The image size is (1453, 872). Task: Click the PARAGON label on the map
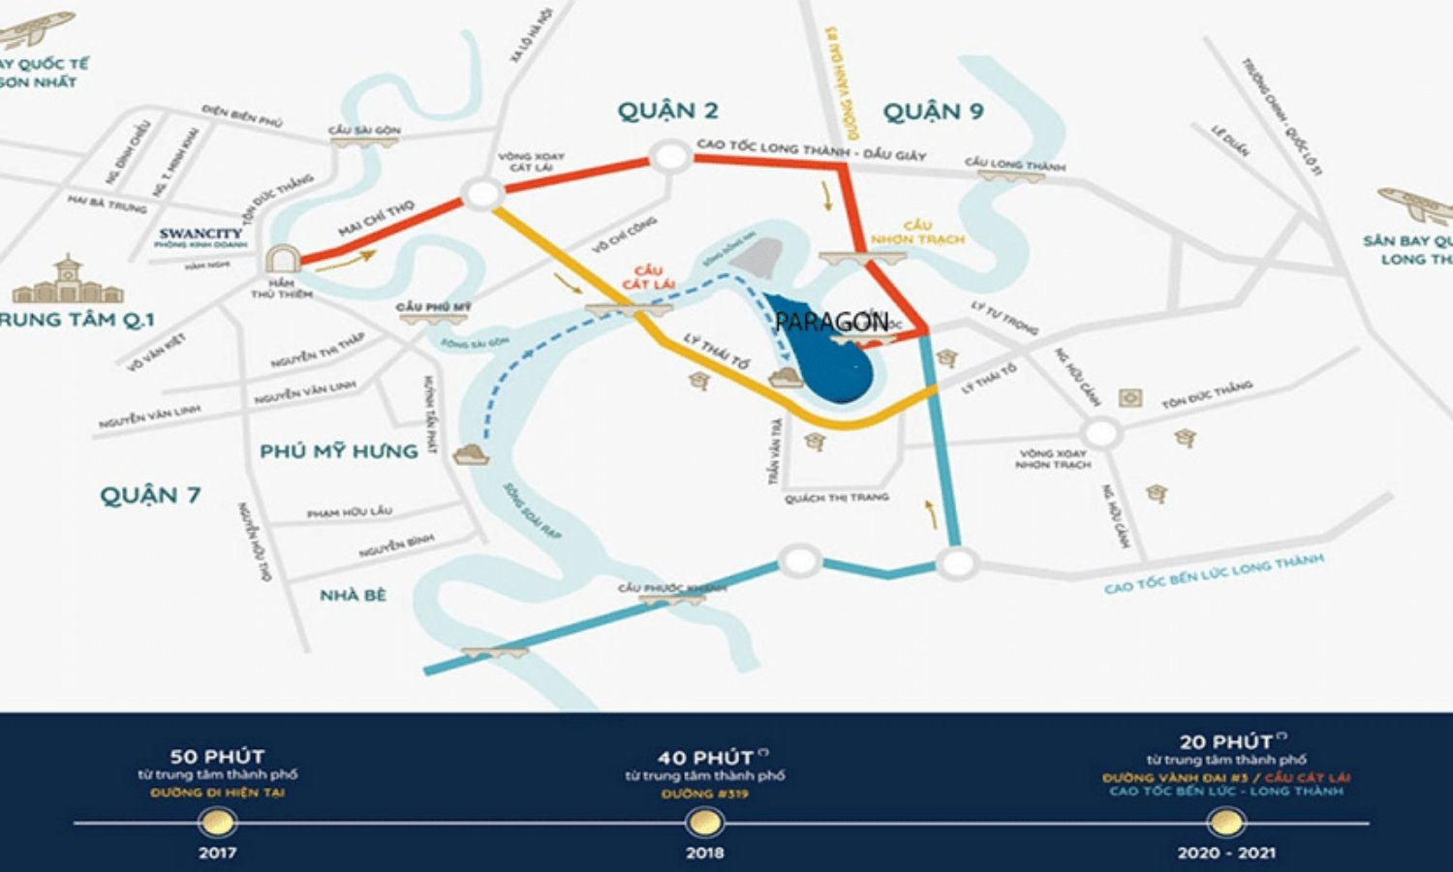point(832,322)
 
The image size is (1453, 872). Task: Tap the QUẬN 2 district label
point(668,110)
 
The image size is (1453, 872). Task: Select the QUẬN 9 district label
point(933,111)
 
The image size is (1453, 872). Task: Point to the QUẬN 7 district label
point(150,495)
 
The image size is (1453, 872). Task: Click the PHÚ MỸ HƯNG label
point(339,451)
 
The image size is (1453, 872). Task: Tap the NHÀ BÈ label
point(353,595)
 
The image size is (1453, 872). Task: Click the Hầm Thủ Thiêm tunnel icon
point(282,259)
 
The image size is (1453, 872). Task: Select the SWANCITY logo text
point(201,234)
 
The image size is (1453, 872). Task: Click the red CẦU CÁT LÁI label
point(648,277)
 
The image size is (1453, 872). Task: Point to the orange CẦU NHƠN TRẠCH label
point(916,233)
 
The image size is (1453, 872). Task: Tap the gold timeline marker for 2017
point(217,823)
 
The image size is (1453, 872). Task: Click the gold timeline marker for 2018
point(704,823)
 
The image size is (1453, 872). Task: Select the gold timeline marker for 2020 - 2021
point(1225,823)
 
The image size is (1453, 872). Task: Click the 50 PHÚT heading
point(217,756)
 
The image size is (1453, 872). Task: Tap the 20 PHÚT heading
point(1226,742)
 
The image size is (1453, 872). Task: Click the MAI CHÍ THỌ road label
point(376,218)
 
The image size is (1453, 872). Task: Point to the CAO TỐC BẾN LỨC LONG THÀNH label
point(1214,574)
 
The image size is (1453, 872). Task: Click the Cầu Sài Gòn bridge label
point(364,130)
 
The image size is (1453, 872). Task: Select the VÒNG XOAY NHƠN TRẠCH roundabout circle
point(1100,433)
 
